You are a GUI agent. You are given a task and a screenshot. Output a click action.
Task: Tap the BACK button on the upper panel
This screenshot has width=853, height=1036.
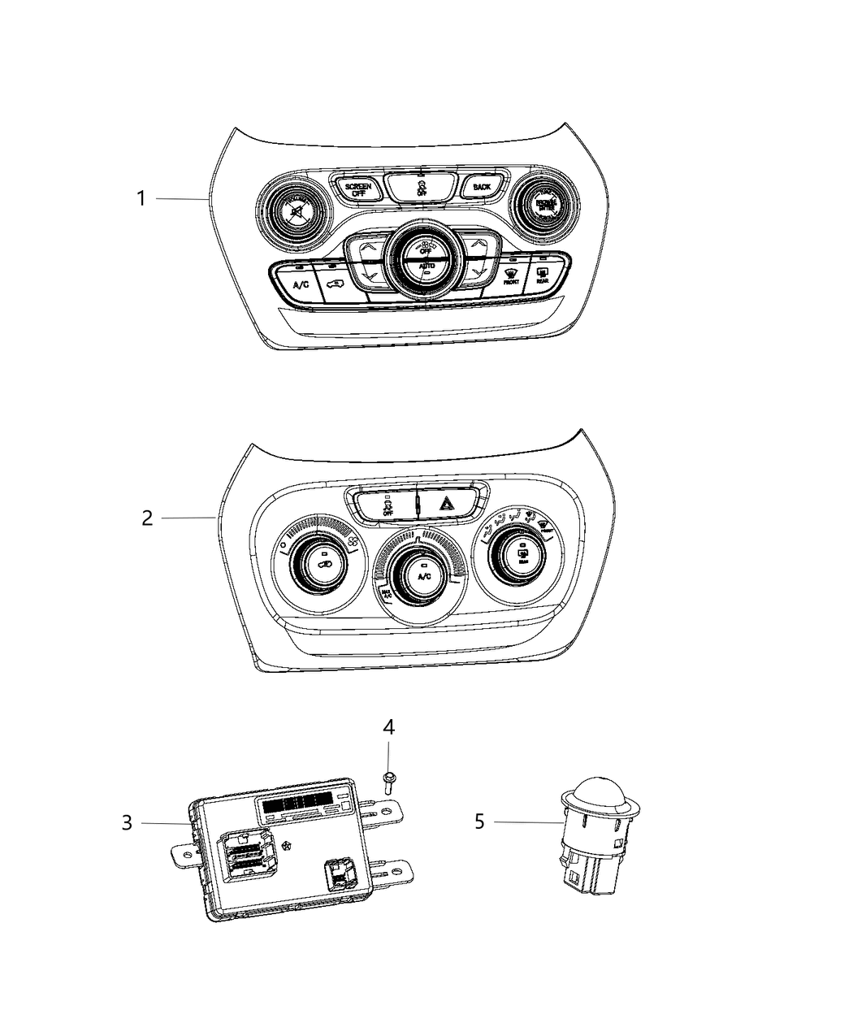(x=482, y=188)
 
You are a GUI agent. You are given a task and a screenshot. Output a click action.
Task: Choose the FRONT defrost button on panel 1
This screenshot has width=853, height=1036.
(x=510, y=276)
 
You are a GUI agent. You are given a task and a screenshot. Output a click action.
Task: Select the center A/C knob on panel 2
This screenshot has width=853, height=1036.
(x=422, y=575)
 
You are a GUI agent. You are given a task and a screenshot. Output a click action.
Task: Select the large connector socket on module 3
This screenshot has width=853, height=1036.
(x=245, y=855)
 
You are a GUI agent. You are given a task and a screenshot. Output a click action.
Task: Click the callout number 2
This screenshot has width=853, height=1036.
(x=147, y=518)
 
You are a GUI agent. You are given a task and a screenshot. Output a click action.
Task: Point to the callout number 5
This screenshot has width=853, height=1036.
(x=479, y=822)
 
